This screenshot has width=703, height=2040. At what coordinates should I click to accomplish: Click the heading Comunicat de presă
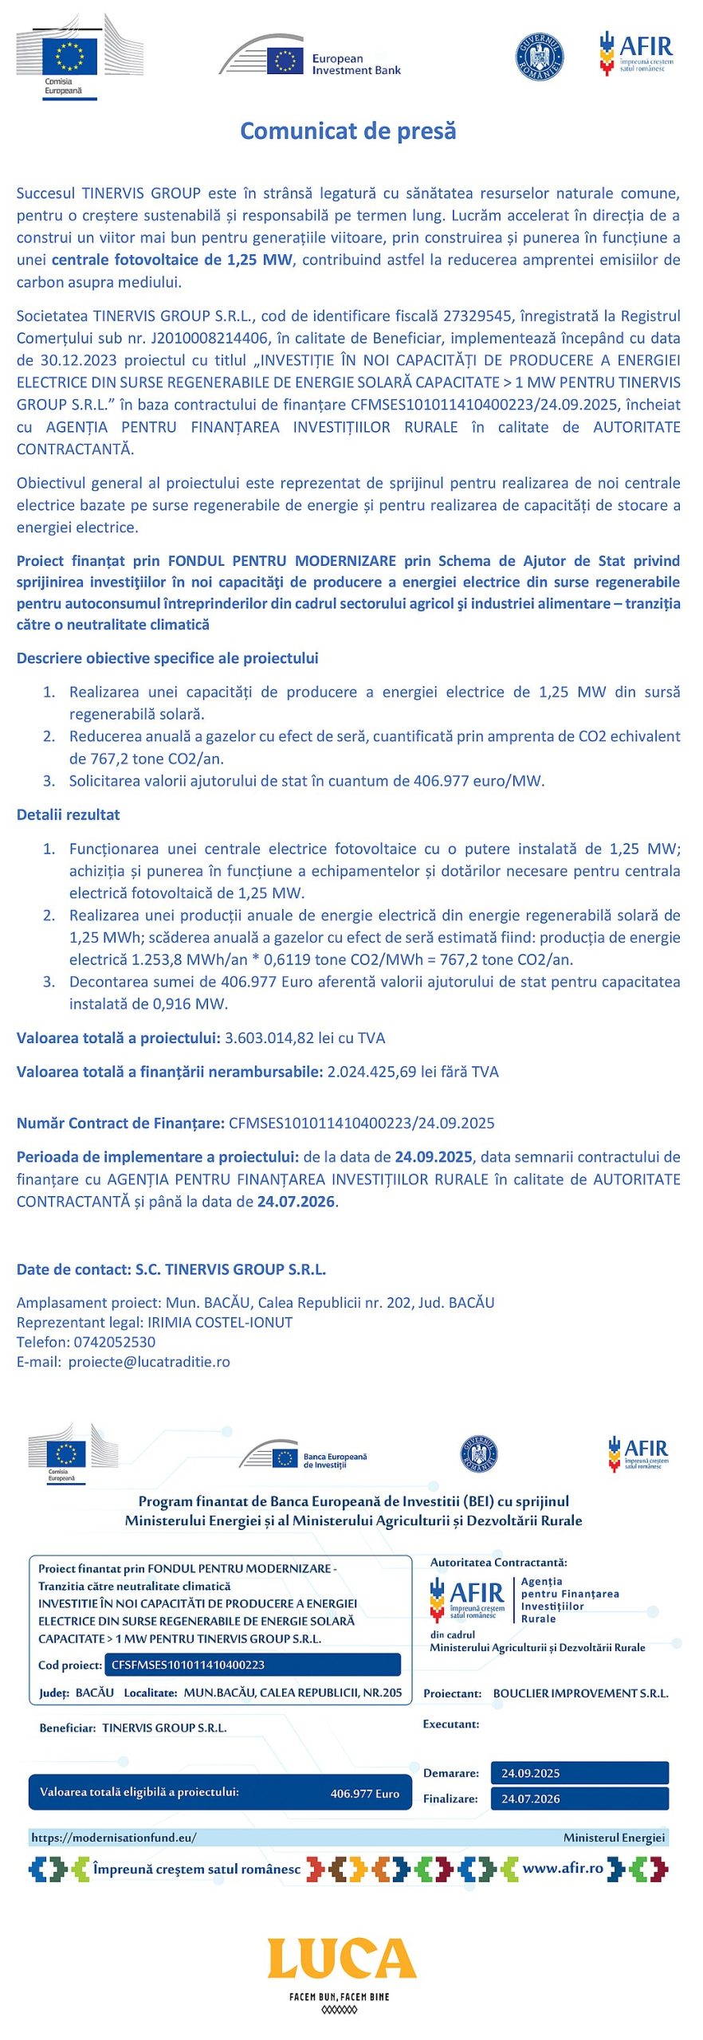click(348, 131)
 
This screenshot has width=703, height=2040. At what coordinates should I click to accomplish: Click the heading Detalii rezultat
click(69, 814)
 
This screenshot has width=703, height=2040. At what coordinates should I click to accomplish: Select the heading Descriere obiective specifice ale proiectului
click(167, 658)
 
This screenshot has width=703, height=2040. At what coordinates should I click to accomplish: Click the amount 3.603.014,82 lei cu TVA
click(305, 1038)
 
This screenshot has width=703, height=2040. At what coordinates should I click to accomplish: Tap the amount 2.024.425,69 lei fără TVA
click(413, 1072)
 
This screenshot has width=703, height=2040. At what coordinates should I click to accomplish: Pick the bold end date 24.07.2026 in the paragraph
click(296, 1201)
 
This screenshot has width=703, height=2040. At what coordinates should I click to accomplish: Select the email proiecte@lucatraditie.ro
click(149, 1362)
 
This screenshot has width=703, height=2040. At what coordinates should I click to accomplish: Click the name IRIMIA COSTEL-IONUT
click(220, 1322)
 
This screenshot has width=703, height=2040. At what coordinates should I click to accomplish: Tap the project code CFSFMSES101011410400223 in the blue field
click(188, 1665)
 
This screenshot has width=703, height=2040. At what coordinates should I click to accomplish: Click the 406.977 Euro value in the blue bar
click(364, 1793)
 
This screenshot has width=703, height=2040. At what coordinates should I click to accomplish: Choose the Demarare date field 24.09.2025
click(531, 1773)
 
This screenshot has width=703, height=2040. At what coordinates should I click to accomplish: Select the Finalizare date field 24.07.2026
click(531, 1799)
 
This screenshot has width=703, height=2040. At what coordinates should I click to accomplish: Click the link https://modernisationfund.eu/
click(114, 1838)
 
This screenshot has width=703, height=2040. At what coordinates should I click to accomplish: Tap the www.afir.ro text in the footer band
click(563, 1868)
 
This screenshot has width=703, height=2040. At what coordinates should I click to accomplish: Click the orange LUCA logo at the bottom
click(341, 1959)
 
